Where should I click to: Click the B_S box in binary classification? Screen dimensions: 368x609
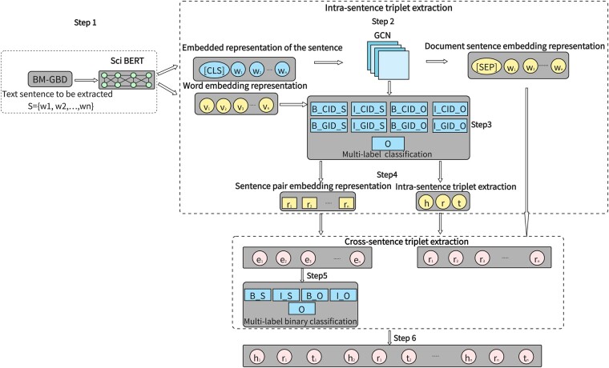click(264, 295)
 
